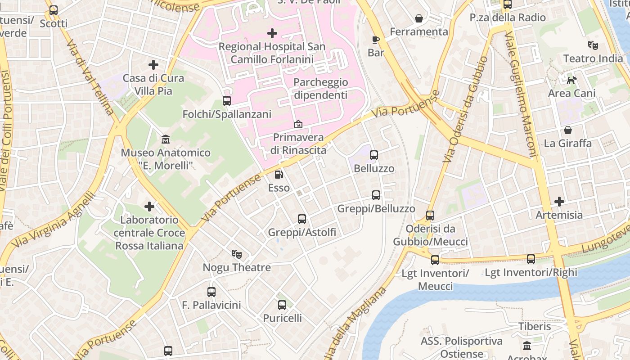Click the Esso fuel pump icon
tap(279, 174)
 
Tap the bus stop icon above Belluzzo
tap(373, 155)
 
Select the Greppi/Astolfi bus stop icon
tap(302, 219)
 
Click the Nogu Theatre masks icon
tap(237, 254)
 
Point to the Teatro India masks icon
tap(593, 45)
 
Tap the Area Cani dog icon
tap(571, 80)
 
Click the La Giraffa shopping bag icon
tap(568, 130)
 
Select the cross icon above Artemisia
tap(559, 202)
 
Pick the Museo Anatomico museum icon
tap(165, 139)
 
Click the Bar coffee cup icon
tap(376, 40)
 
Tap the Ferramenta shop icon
tap(419, 18)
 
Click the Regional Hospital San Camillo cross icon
tap(272, 33)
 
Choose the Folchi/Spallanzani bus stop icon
tap(227, 101)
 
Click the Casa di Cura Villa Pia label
tap(153, 84)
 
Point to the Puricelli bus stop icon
tap(282, 305)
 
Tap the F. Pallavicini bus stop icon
tap(211, 292)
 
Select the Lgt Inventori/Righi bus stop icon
tap(531, 259)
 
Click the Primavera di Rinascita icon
tap(298, 124)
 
